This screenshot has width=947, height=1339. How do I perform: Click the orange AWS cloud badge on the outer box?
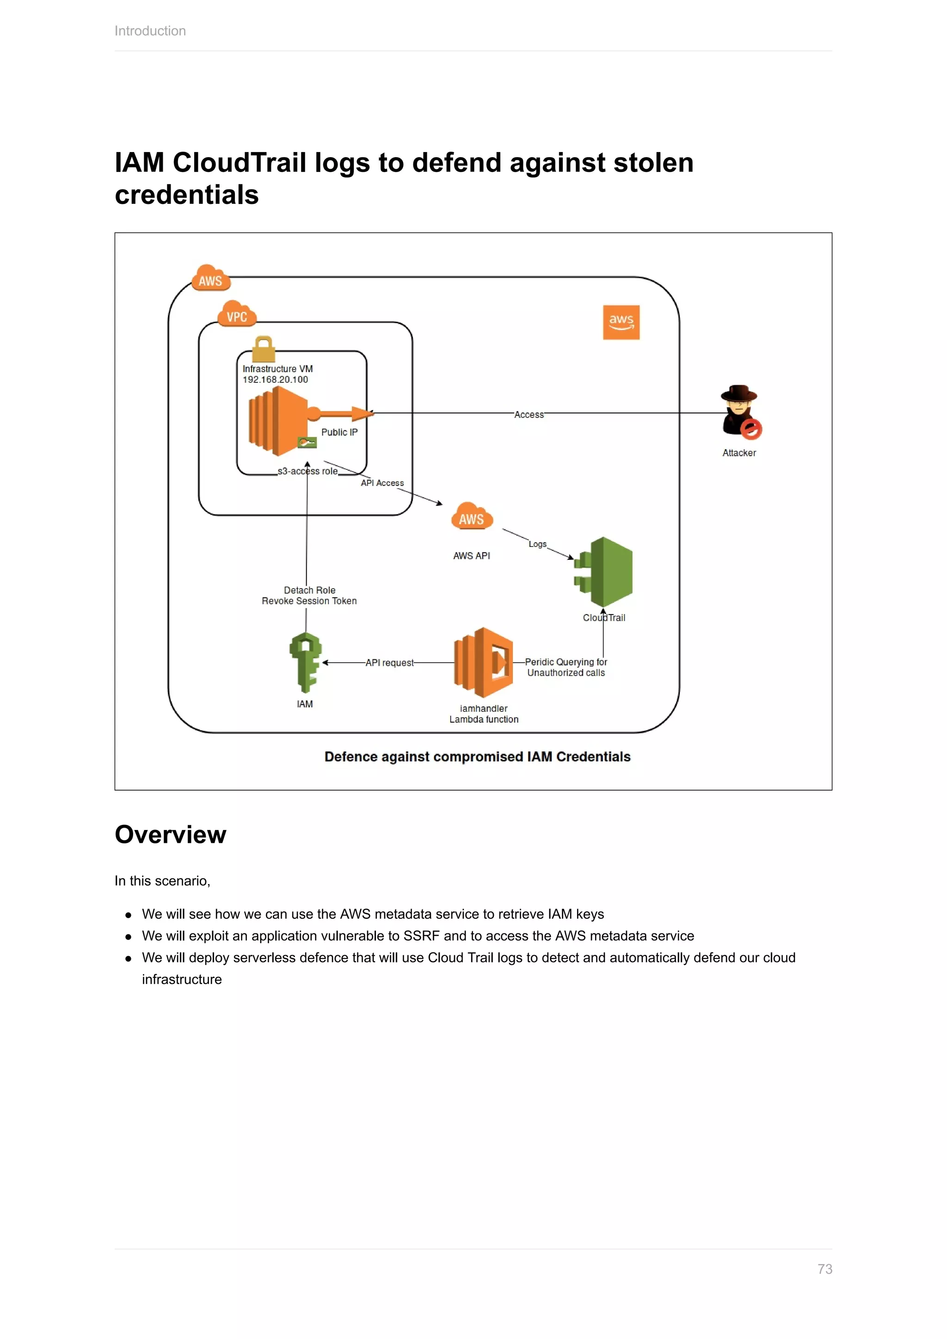[210, 278]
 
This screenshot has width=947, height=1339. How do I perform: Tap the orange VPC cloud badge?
[237, 314]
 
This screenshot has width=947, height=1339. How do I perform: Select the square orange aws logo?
[621, 322]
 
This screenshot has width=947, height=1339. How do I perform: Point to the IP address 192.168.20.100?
[275, 380]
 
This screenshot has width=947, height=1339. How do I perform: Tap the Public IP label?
[339, 432]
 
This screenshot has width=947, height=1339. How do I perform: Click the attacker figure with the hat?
[740, 411]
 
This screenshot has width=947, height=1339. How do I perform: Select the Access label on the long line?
[529, 415]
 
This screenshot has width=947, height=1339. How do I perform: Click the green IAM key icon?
[306, 663]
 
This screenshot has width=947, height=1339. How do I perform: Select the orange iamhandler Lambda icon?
[483, 663]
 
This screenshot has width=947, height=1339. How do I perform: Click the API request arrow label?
[389, 663]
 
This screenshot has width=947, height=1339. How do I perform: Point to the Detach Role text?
[310, 590]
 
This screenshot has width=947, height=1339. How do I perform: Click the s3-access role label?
[307, 471]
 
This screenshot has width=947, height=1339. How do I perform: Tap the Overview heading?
[170, 835]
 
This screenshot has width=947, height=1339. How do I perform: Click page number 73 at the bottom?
[824, 1269]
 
